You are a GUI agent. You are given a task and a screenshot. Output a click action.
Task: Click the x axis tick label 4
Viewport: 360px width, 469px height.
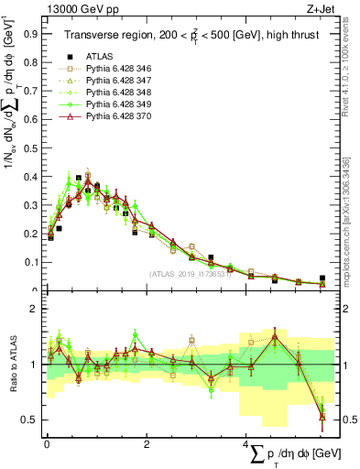coord(245,444)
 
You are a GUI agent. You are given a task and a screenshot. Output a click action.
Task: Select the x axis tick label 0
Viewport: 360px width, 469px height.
coord(46,444)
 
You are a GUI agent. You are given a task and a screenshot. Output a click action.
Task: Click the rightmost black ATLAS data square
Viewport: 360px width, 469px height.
coord(322,278)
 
